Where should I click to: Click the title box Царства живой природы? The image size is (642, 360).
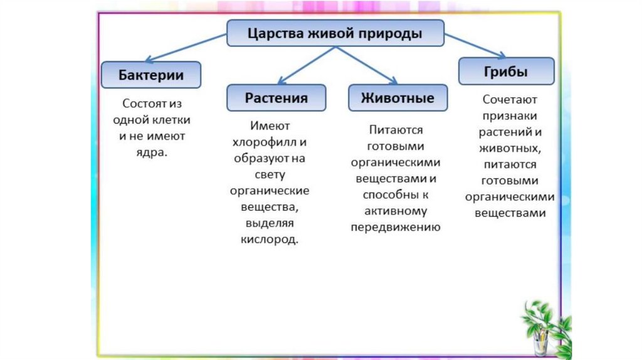[x=335, y=33]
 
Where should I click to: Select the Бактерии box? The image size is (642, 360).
[x=151, y=75]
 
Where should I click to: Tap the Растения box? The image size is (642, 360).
[x=276, y=98]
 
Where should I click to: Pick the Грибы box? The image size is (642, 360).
[x=506, y=71]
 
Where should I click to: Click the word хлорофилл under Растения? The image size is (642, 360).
[x=261, y=142]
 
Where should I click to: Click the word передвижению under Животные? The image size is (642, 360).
[x=396, y=227]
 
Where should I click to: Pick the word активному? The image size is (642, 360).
[x=396, y=211]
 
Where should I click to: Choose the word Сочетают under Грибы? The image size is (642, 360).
[x=510, y=100]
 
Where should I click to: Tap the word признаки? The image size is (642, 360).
[x=510, y=116]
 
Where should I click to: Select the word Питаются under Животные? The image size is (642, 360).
[x=396, y=130]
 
